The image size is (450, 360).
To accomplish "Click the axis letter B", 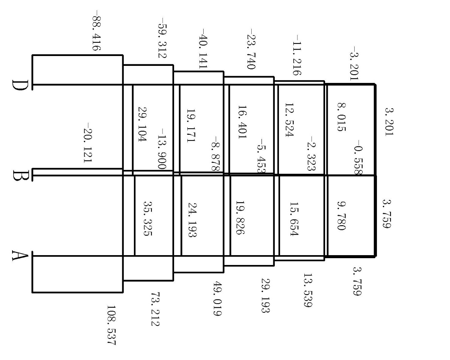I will (19, 176).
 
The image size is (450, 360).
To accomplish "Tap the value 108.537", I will (111, 325).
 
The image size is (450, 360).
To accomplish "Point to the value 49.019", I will (218, 299).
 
